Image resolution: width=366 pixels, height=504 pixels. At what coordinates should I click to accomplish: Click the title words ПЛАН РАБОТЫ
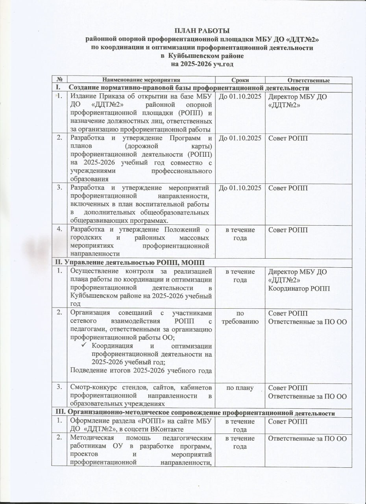(202, 31)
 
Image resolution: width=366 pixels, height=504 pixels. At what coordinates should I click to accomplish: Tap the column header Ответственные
(309, 80)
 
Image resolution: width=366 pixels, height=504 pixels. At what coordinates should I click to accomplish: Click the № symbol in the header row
(59, 80)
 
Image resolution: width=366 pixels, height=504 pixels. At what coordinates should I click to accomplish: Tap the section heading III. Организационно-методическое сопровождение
(194, 413)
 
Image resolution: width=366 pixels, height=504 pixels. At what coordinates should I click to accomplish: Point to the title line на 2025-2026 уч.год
(202, 63)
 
